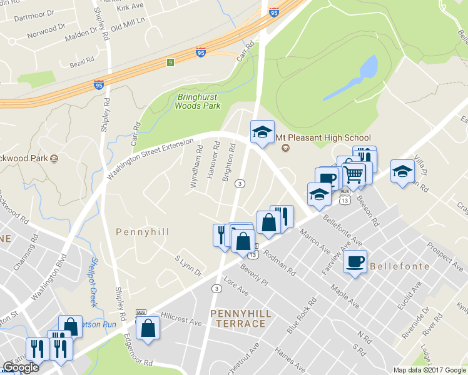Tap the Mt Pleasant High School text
323,137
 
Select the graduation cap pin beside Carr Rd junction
262,132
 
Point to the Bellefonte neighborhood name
400,266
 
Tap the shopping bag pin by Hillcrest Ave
148,328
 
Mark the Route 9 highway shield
170,62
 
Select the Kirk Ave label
130,7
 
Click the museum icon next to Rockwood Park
55,158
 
